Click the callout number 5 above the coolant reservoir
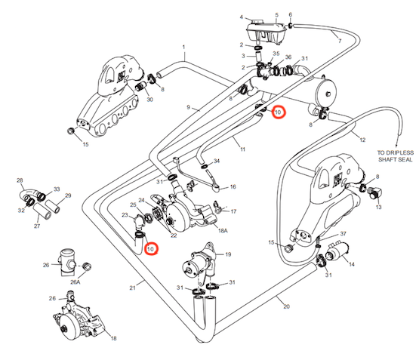click(x=276, y=15)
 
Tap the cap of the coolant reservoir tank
click(x=257, y=21)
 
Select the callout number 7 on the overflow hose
click(x=340, y=41)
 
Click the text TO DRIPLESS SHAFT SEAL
click(x=396, y=156)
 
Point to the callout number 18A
click(x=223, y=230)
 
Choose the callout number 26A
click(x=75, y=282)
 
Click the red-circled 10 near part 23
click(x=151, y=249)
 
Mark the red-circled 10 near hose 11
click(x=279, y=112)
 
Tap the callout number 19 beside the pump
click(x=228, y=254)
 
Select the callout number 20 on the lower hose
click(x=286, y=306)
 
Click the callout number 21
click(x=133, y=288)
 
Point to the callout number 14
click(x=352, y=264)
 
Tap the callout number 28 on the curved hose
click(x=20, y=180)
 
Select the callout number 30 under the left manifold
click(x=149, y=100)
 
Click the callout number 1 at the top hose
click(x=184, y=48)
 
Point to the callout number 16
click(x=233, y=186)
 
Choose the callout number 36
click(x=288, y=57)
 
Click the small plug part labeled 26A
click(x=87, y=266)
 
